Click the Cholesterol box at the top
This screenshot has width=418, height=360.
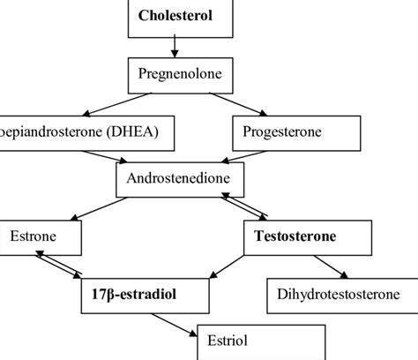pyautogui.click(x=175, y=17)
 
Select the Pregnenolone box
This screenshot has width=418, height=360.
pyautogui.click(x=175, y=76)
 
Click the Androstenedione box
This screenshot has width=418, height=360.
pyautogui.click(x=179, y=179)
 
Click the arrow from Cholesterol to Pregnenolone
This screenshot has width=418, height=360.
pyautogui.click(x=175, y=48)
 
